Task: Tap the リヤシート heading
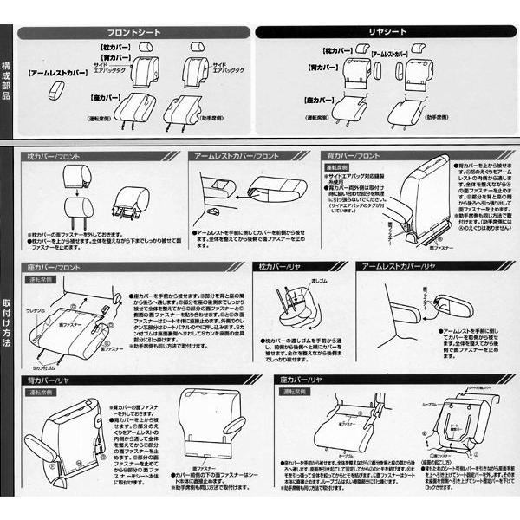[x=385, y=32]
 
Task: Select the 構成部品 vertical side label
[x=7, y=82]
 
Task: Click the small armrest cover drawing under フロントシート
[x=56, y=91]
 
